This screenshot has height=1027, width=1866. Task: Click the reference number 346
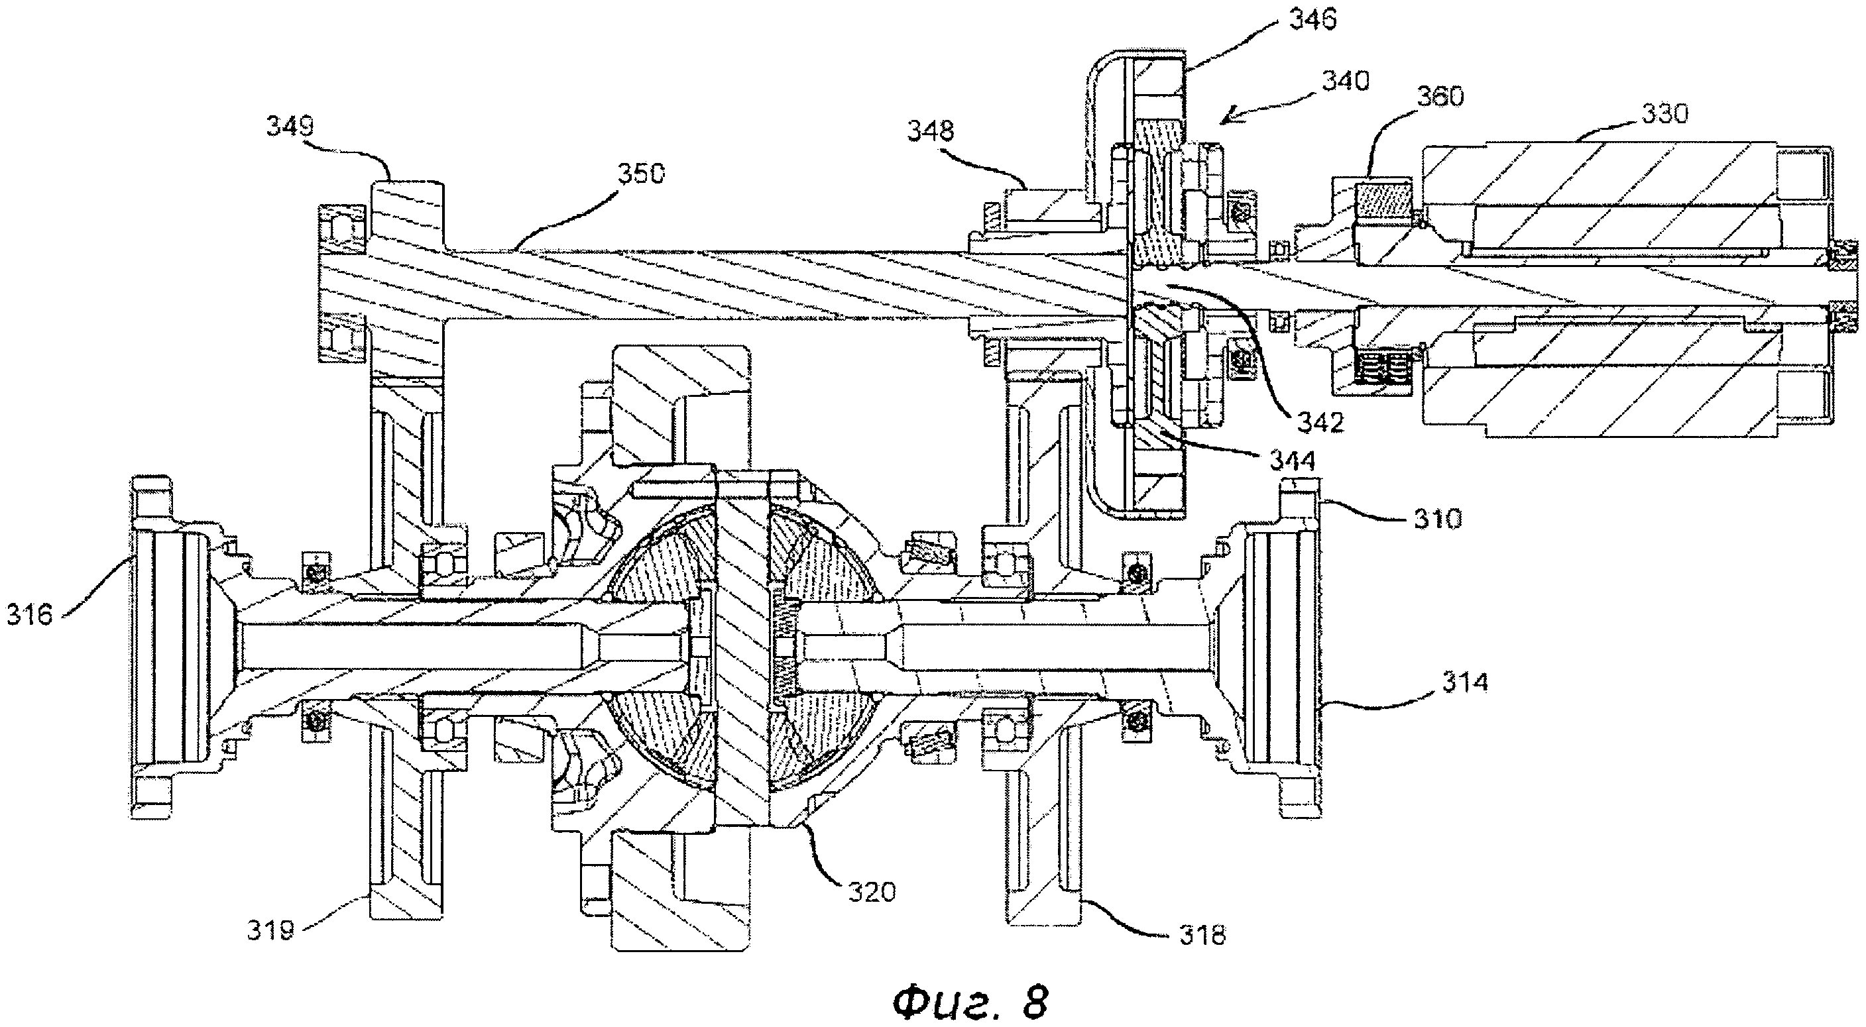1313,20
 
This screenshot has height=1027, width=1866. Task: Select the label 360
1440,96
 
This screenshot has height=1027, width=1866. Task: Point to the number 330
1664,114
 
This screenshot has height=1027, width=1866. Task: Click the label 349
290,127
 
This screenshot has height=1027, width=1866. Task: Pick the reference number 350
641,174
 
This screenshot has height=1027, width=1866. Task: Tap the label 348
931,131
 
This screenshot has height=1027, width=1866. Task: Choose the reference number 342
1320,422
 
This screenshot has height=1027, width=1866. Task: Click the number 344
1293,459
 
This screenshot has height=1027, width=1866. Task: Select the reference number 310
1437,519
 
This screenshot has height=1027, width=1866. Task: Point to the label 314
1464,682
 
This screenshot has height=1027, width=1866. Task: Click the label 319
271,930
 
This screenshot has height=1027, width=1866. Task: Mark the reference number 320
872,892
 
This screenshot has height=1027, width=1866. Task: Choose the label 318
1202,935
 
